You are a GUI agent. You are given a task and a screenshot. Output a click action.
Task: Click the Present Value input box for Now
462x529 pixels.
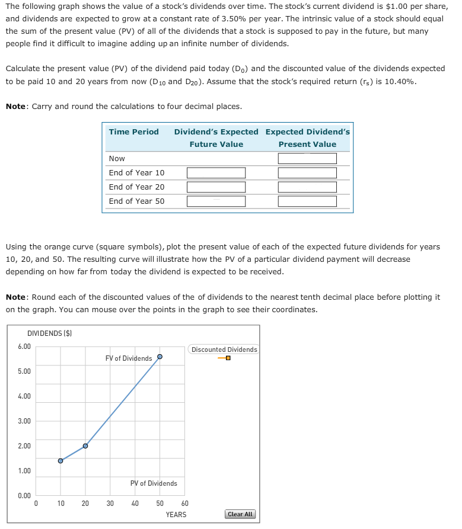(307, 159)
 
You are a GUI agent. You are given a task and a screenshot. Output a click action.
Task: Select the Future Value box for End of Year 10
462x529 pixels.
(216, 173)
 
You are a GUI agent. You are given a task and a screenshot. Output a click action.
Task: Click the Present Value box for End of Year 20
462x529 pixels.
(307, 187)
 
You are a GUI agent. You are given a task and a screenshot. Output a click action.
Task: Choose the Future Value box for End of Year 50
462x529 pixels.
(216, 201)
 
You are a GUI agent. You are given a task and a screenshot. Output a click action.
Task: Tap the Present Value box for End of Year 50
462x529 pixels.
(307, 201)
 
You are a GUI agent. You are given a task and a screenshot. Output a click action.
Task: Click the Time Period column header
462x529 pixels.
(133, 132)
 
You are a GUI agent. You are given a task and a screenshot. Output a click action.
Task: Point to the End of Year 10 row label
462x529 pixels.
(136, 173)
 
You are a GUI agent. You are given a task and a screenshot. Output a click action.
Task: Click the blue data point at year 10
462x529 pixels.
(60, 461)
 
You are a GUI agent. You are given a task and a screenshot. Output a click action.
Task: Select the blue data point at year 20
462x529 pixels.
(85, 445)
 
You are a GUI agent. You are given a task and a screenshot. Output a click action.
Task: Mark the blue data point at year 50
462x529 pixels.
(160, 357)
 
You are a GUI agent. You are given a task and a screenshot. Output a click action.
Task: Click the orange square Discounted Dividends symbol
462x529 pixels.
(227, 358)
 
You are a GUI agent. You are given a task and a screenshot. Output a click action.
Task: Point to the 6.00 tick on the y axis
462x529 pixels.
(24, 346)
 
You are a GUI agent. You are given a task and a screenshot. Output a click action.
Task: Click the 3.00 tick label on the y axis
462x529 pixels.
(24, 421)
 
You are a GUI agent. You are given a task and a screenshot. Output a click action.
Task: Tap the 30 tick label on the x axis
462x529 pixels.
(110, 504)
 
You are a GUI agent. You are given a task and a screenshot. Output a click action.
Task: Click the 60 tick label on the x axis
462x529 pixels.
(184, 504)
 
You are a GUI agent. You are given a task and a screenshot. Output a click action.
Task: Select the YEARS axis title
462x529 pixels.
(176, 515)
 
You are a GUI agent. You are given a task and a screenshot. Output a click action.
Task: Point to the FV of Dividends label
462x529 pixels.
(128, 358)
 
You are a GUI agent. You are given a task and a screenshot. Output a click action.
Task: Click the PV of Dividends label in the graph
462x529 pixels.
(154, 483)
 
